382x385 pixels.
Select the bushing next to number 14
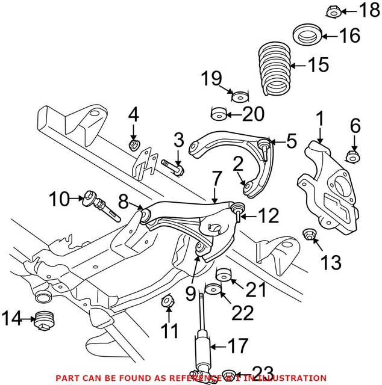point(43,320)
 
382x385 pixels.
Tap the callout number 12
point(271,214)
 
